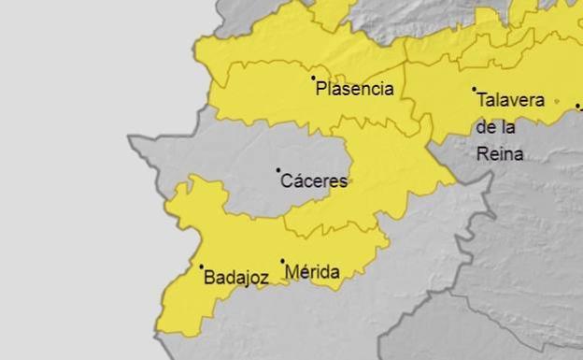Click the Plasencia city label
tap(354, 90)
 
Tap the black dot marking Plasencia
tap(313, 78)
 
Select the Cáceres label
tap(314, 181)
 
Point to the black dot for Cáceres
tap(277, 170)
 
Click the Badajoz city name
tap(235, 277)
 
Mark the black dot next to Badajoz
tap(201, 266)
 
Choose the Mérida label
tap(312, 272)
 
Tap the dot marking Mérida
tap(282, 261)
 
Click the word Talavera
tap(510, 100)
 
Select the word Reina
tap(500, 154)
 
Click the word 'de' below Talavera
tap(487, 127)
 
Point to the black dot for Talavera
tap(474, 89)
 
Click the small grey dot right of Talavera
tap(557, 100)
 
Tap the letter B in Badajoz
tap(208, 277)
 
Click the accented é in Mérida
tap(304, 272)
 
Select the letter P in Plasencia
tap(321, 90)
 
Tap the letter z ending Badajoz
tap(265, 278)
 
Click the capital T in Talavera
tap(481, 100)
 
